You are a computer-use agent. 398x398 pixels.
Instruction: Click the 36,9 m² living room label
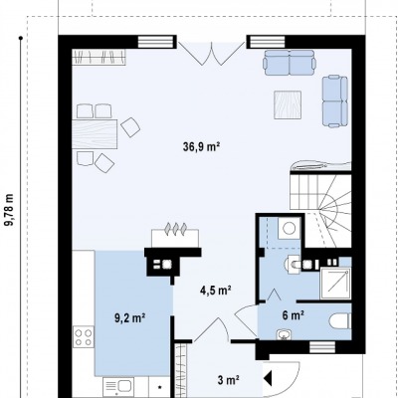(x=202, y=146)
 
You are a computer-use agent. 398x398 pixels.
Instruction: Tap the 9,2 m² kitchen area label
(x=130, y=318)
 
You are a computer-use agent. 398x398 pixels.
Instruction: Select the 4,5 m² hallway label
(x=215, y=291)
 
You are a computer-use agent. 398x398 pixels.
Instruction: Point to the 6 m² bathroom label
(x=294, y=315)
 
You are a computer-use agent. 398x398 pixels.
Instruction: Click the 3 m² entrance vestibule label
(x=229, y=380)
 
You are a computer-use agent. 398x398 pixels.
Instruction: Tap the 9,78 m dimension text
(x=10, y=210)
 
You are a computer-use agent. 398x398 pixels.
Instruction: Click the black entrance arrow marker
(x=268, y=378)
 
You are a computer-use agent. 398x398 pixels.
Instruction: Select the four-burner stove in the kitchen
(x=84, y=337)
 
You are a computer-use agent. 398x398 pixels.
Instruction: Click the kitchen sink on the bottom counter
(x=118, y=387)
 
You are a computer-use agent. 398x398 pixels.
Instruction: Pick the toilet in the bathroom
(x=340, y=321)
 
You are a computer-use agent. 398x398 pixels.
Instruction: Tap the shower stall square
(x=335, y=284)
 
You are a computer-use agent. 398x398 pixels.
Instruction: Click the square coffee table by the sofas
(x=288, y=104)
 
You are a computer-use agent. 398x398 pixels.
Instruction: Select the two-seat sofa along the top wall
(x=290, y=63)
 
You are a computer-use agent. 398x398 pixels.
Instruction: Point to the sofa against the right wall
(x=335, y=101)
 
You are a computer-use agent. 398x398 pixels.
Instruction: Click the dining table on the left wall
(x=95, y=134)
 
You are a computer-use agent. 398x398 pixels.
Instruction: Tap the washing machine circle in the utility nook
(x=290, y=228)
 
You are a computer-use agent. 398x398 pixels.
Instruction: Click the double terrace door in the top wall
(x=211, y=53)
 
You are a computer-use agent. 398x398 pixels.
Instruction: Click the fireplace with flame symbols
(x=175, y=234)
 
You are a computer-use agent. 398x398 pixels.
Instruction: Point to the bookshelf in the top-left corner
(x=99, y=57)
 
